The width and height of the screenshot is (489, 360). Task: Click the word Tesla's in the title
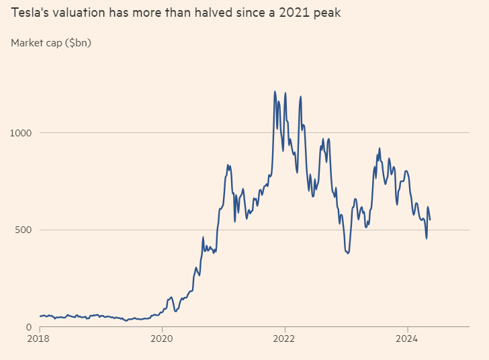point(29,13)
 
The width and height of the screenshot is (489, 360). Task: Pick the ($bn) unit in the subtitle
point(78,43)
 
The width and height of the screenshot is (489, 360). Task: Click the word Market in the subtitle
point(28,43)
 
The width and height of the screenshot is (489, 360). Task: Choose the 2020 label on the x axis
point(163,339)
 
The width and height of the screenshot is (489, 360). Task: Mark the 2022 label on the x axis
point(285,339)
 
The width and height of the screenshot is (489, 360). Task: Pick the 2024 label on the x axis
point(407,339)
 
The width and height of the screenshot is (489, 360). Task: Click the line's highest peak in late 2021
point(275,91)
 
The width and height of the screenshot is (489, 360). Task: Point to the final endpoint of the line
point(430,220)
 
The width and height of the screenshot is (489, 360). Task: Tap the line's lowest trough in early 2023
point(347,253)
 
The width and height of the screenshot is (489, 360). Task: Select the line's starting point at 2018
point(40,316)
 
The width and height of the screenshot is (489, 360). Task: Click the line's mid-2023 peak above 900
point(380,148)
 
